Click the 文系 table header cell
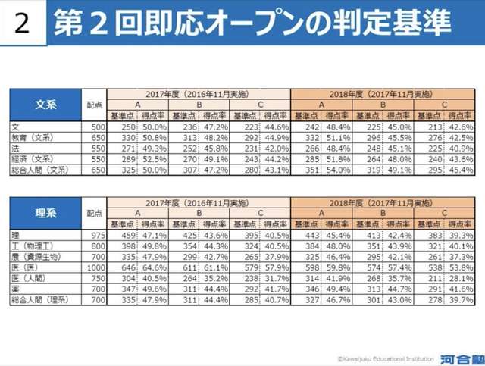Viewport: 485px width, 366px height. (x=45, y=105)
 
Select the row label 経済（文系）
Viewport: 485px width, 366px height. (x=36, y=160)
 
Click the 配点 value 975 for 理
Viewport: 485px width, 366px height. (x=95, y=236)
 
